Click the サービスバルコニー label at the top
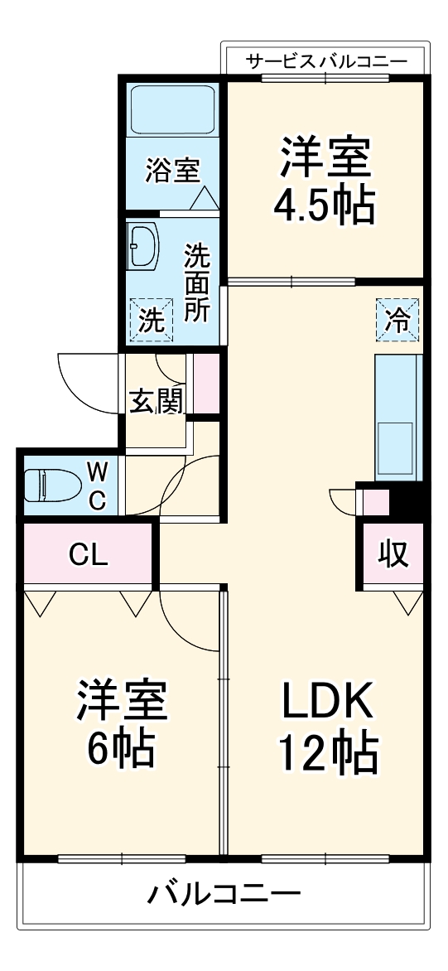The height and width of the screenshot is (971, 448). tap(326, 60)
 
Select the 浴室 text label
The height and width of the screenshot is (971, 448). tap(172, 171)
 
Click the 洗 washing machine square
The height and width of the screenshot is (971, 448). tap(151, 320)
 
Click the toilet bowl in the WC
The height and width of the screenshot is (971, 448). tap(47, 485)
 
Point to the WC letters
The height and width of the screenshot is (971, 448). tap(98, 486)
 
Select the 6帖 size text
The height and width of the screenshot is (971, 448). tap(122, 749)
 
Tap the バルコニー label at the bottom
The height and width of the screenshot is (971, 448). tap(224, 894)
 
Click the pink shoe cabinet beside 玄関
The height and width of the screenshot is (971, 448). tap(207, 383)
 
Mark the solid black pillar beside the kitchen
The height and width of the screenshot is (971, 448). tap(407, 501)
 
